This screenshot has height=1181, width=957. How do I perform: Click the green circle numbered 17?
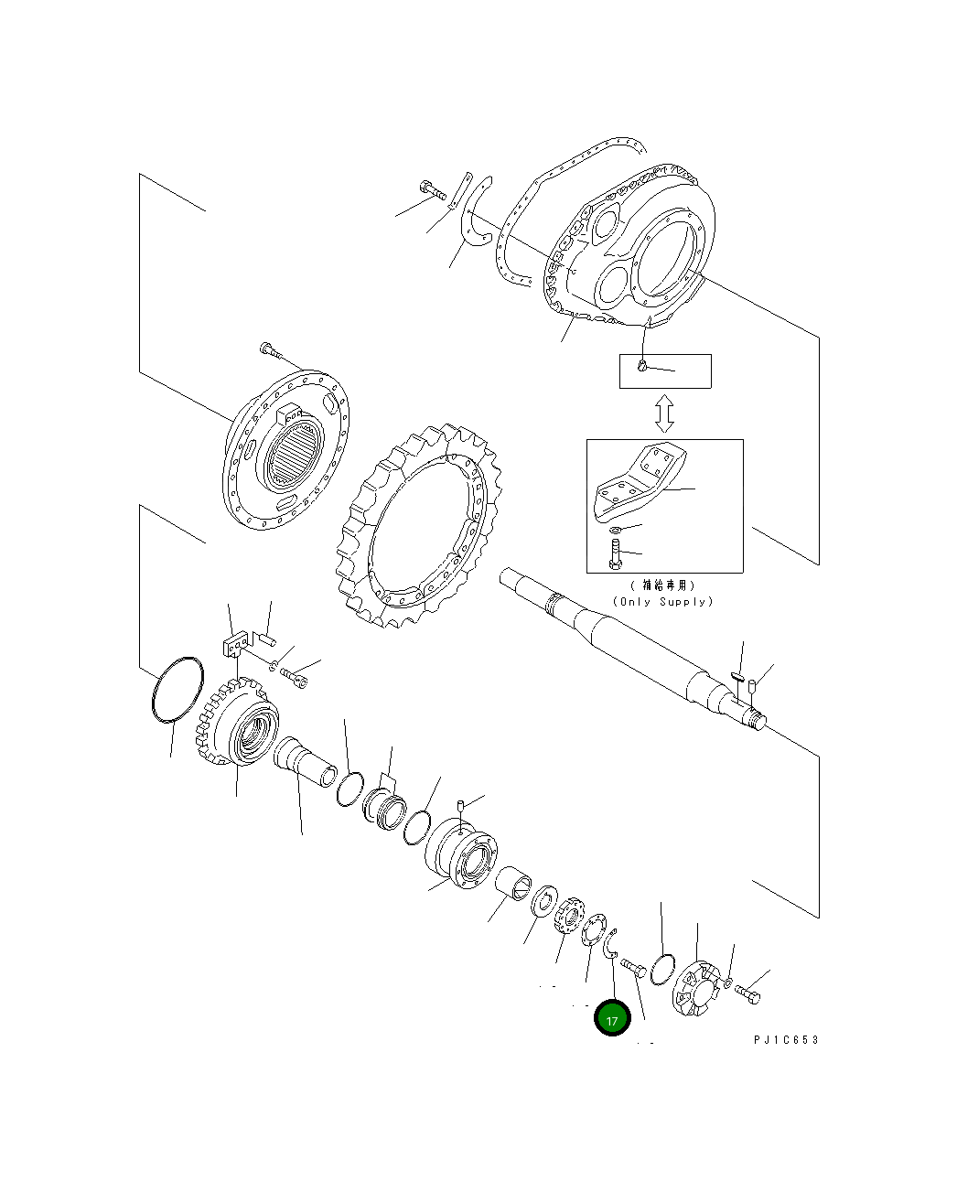pos(612,1018)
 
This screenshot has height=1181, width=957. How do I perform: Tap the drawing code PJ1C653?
pos(786,1040)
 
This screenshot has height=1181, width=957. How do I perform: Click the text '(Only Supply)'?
pos(662,602)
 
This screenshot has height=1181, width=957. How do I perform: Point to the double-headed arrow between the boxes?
pos(665,413)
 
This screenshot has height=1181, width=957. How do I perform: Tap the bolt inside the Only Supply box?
pos(615,553)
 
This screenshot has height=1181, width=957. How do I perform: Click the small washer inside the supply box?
pos(615,530)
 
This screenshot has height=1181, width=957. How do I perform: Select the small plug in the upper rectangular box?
pos(643,368)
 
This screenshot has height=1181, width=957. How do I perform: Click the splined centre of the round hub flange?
pos(294,455)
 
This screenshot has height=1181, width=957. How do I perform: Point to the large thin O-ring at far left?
pos(176,690)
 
